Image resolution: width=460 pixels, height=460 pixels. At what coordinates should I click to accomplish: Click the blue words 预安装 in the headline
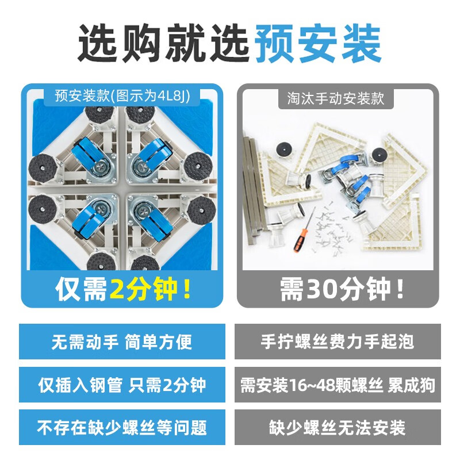[x=318, y=43]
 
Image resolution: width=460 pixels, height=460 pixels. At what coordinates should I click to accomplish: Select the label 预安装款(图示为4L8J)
[x=122, y=95]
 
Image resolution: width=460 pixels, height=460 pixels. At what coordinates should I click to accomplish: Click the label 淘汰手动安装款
[x=336, y=98]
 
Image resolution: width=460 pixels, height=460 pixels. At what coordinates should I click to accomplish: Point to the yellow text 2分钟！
[x=150, y=289]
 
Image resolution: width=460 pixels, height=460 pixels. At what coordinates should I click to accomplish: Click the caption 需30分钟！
[x=342, y=289]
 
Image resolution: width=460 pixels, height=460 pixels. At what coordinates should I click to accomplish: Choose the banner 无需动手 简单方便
[x=122, y=342]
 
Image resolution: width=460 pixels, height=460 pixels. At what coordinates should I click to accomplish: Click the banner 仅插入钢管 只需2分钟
[x=122, y=385]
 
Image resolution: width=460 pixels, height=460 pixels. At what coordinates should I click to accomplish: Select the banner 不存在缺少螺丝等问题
[x=122, y=427]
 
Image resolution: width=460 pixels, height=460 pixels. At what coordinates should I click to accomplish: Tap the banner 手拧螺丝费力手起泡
[x=338, y=342]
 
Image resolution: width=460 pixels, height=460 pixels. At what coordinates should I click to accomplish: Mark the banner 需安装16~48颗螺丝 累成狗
[x=338, y=385]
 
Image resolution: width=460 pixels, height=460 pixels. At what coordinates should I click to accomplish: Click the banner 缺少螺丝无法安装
[x=338, y=427]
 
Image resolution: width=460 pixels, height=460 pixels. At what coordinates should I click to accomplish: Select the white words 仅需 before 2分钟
[x=81, y=289]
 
